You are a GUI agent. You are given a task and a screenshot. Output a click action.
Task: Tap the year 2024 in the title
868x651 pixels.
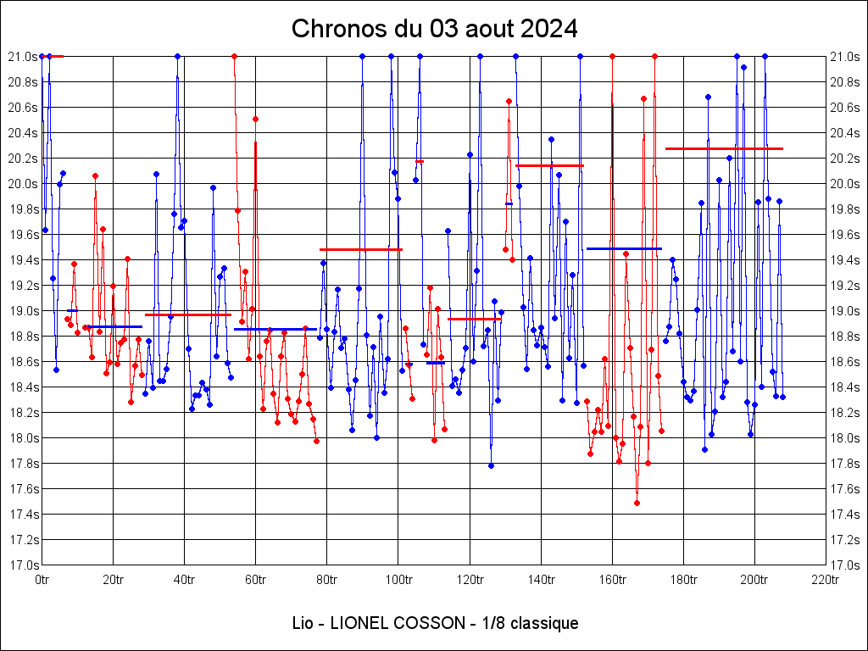[549, 29]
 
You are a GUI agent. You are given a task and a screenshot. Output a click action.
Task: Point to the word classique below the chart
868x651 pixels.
[542, 624]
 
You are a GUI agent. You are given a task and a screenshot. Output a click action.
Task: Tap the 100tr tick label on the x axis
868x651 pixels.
[398, 581]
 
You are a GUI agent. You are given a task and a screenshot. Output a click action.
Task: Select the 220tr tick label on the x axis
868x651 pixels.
[826, 581]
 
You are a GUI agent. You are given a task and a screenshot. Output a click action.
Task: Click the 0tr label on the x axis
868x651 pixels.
[42, 581]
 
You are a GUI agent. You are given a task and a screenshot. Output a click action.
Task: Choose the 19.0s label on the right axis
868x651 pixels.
[844, 311]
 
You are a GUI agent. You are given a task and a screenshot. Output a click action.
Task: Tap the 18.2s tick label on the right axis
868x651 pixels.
[844, 413]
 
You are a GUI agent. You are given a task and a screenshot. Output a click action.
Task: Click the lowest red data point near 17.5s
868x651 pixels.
[637, 503]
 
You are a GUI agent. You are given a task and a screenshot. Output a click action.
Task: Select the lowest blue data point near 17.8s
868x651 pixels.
[491, 465]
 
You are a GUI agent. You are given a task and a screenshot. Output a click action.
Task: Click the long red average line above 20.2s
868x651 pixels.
[724, 148]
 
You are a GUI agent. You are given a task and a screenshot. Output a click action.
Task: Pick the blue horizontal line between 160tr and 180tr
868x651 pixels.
[624, 248]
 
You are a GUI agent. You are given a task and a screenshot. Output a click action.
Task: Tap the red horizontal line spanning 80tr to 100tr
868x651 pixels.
[361, 249]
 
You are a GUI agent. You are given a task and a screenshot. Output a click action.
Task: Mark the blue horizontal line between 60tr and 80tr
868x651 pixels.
[275, 329]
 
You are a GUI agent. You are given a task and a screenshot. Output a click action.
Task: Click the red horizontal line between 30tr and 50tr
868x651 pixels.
[188, 314]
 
